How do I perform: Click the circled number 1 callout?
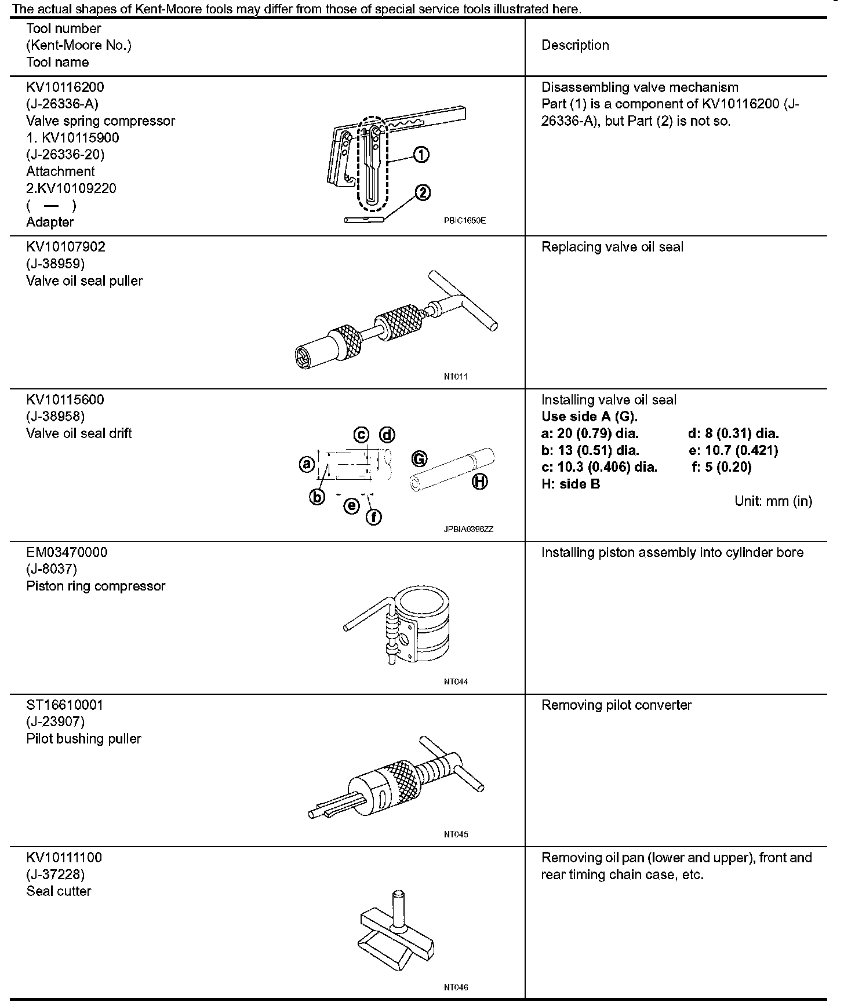pos(421,154)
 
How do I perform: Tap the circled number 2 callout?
pos(423,192)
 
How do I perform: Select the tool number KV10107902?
pos(66,247)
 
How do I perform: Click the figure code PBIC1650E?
pos(465,221)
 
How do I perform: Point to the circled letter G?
pos(419,459)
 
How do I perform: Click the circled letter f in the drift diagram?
pos(374,516)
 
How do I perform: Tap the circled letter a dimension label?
pos(307,464)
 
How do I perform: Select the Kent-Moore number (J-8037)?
pos(52,569)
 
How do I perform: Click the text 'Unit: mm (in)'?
pos(773,501)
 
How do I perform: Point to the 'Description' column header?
pos(575,46)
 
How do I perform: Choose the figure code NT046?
pos(456,987)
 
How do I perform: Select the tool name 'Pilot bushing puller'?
pos(84,739)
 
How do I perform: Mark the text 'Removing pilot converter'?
pos(616,705)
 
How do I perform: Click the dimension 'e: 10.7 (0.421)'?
pos(733,450)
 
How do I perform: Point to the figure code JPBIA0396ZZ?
pos(469,529)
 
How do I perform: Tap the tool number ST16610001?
pos(65,705)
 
